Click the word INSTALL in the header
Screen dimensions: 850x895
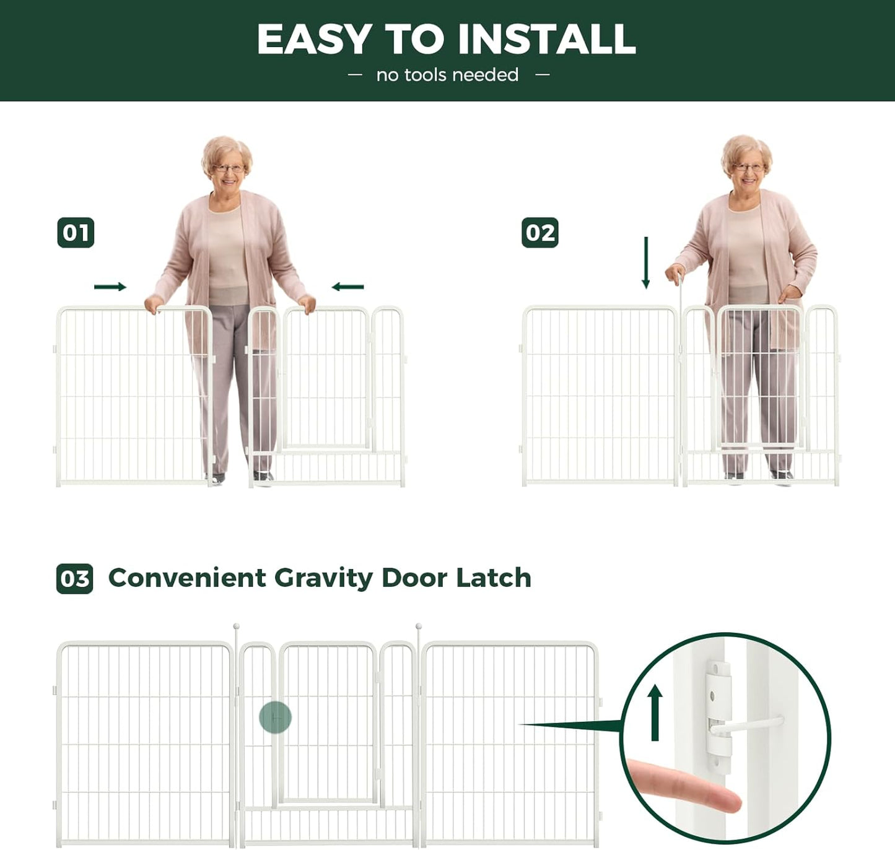[x=546, y=40]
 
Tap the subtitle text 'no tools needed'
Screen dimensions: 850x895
[x=447, y=75]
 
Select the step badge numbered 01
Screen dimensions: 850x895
[x=76, y=233]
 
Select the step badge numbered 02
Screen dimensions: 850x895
[x=539, y=233]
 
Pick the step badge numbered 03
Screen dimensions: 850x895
[x=75, y=579]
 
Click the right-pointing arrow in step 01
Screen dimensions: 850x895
[x=110, y=287]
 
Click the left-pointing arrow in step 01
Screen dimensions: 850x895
[x=347, y=287]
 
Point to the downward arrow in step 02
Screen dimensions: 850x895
[x=646, y=262]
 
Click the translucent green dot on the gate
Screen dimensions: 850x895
[x=275, y=718]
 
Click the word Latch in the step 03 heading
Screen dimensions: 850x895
[x=494, y=578]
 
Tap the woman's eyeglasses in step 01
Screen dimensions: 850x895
[x=229, y=168]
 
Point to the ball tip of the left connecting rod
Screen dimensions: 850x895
[x=236, y=627]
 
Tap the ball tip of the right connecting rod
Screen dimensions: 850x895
[x=419, y=627]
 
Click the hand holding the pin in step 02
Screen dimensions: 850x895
[x=675, y=273]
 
